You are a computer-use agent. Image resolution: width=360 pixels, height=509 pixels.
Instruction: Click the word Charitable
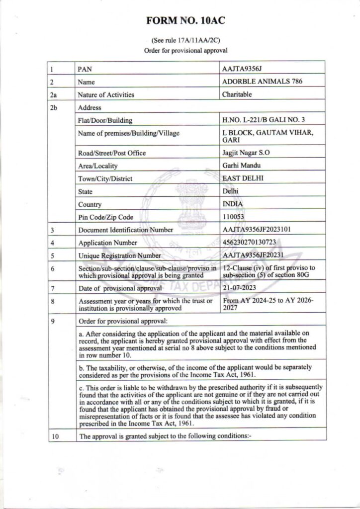238,93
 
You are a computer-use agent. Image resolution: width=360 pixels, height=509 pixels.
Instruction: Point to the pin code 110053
236,217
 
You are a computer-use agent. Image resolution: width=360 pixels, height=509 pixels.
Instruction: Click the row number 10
55,437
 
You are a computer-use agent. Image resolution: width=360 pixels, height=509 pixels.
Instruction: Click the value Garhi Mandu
241,166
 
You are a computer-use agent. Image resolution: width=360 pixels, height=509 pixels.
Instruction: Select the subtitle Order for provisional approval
180,51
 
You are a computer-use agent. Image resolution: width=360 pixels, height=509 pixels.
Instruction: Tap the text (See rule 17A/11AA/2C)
180,42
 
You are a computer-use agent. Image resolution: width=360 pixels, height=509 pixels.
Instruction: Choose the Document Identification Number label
126,230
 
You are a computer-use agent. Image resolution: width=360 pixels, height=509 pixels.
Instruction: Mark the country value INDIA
234,204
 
